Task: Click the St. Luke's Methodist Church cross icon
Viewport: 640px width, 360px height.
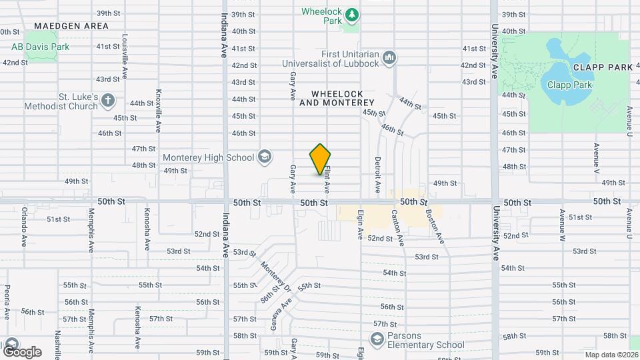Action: click(108, 101)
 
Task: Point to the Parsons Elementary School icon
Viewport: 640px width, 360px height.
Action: click(378, 340)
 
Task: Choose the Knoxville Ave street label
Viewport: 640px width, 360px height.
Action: click(159, 110)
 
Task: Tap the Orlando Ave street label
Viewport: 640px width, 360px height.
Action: click(23, 229)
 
